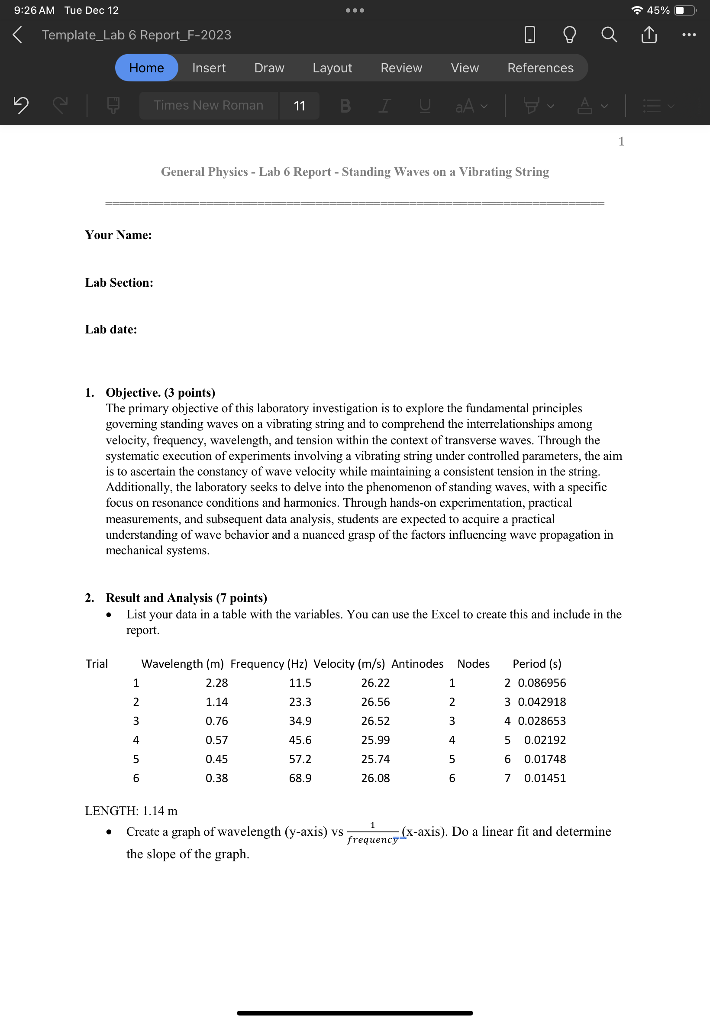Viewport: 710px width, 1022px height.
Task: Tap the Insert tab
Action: click(x=209, y=68)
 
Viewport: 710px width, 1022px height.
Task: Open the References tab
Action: click(x=540, y=68)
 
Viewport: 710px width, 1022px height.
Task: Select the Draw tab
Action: click(x=269, y=68)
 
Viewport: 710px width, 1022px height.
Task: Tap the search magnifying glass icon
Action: click(x=609, y=35)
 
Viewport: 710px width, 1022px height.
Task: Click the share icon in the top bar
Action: click(x=649, y=35)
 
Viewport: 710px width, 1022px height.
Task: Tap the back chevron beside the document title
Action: click(x=17, y=35)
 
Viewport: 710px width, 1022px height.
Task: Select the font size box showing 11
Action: click(x=300, y=106)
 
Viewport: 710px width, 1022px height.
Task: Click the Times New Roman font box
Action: click(x=208, y=106)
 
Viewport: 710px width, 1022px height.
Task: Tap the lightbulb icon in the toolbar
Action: click(x=569, y=35)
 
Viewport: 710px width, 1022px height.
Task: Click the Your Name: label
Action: click(x=118, y=235)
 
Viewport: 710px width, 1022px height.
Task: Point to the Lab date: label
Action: click(x=111, y=329)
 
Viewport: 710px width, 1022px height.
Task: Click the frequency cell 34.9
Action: click(x=300, y=721)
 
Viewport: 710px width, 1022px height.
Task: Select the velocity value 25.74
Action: click(x=375, y=759)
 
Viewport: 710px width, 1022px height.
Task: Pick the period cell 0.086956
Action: click(x=542, y=682)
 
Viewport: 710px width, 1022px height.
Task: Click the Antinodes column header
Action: click(x=417, y=663)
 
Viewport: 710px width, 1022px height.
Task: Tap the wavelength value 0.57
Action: click(x=216, y=740)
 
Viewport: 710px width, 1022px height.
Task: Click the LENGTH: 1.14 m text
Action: click(x=131, y=811)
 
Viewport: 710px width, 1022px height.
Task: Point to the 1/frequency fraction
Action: click(x=372, y=832)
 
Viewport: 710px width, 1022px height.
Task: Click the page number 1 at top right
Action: click(x=621, y=142)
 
